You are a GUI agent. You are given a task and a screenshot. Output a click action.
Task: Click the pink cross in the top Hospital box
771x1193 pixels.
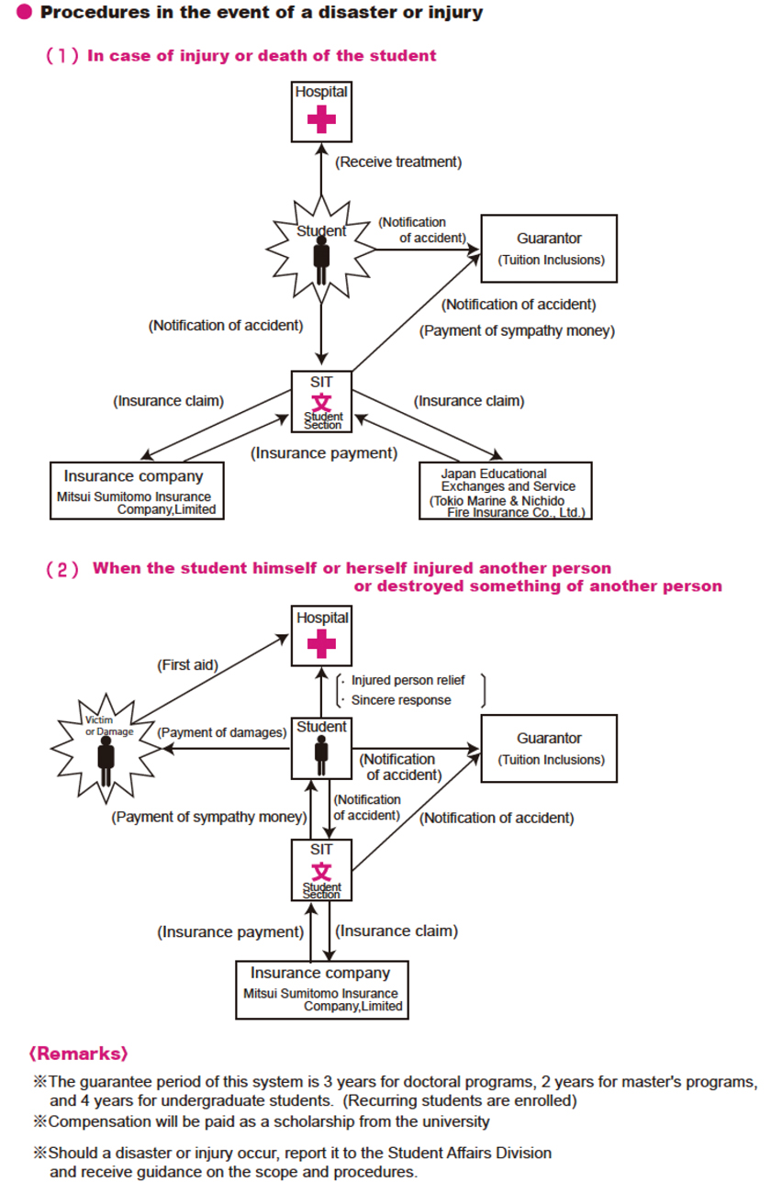pyautogui.click(x=321, y=119)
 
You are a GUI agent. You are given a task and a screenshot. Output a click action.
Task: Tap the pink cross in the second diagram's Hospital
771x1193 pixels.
pyautogui.click(x=321, y=644)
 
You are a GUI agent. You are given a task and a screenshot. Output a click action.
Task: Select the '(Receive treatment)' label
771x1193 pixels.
pyautogui.click(x=397, y=162)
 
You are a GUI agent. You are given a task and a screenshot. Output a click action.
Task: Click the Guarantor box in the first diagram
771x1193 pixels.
pyautogui.click(x=549, y=248)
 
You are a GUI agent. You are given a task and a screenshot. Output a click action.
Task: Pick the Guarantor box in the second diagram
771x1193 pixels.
pyautogui.click(x=549, y=748)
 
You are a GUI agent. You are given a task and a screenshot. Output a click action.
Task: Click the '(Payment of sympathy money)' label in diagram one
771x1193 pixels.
pyautogui.click(x=518, y=331)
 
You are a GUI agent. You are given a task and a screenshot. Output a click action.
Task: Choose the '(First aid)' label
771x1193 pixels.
pyautogui.click(x=187, y=664)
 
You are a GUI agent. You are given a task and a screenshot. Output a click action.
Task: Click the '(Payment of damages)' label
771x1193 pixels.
pyautogui.click(x=221, y=732)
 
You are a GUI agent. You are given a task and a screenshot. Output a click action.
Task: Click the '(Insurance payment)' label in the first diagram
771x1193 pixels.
pyautogui.click(x=325, y=452)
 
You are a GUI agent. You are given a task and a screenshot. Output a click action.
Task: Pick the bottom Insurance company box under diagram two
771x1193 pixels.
pyautogui.click(x=321, y=988)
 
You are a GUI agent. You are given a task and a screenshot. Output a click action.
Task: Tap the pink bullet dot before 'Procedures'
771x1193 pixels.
pyautogui.click(x=25, y=13)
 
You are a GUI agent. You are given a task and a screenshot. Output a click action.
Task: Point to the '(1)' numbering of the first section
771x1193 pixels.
pyautogui.click(x=61, y=56)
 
